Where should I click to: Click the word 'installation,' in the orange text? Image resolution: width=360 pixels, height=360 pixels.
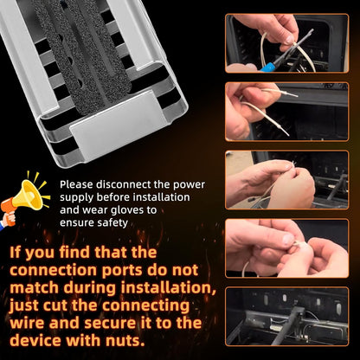(169, 288)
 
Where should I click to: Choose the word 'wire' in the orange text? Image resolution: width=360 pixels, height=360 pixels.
(27, 323)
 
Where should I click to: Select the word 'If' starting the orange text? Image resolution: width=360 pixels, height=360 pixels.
(15, 253)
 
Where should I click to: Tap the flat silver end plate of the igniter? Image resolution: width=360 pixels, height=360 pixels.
(119, 125)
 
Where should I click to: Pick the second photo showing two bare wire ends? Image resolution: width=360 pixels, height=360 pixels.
(286, 112)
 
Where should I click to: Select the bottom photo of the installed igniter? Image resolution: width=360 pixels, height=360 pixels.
(286, 317)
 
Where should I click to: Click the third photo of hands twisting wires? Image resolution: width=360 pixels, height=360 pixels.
(286, 180)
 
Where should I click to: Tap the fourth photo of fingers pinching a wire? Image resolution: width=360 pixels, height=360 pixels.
(286, 248)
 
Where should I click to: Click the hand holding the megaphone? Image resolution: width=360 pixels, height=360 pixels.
(8, 219)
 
